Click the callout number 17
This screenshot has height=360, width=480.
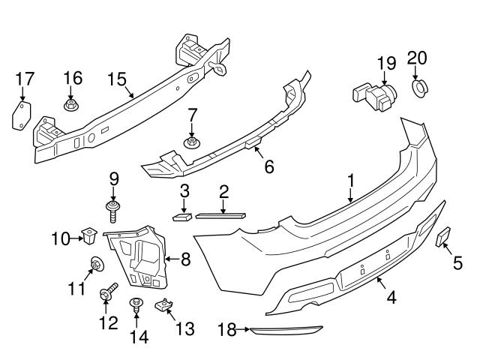click(x=25, y=78)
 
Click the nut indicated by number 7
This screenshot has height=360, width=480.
click(x=192, y=142)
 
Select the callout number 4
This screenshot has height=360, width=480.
click(x=391, y=298)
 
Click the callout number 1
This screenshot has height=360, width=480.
click(x=349, y=180)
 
